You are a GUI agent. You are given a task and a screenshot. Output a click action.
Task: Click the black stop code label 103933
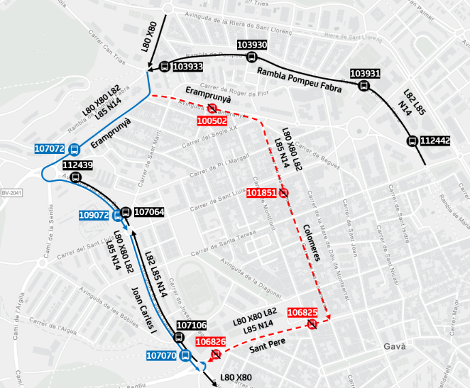(x=188, y=67)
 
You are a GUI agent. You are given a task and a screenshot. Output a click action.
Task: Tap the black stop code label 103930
(x=252, y=45)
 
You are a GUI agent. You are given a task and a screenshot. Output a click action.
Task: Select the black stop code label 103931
(x=364, y=74)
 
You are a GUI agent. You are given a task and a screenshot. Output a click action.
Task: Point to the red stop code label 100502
(x=211, y=120)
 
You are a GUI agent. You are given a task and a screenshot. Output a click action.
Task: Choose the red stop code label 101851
(x=261, y=193)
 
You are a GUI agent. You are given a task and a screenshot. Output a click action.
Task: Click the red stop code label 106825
(x=302, y=312)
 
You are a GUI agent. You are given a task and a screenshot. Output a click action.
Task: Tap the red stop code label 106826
(x=210, y=342)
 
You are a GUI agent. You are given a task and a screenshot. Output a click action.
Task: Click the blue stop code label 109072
(x=94, y=216)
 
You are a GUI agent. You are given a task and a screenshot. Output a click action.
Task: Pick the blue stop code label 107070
(x=161, y=355)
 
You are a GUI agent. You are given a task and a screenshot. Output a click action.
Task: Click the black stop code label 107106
(x=191, y=325)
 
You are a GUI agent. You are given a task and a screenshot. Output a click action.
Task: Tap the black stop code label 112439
(x=77, y=165)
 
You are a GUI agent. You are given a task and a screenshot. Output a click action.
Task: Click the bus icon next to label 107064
(x=126, y=212)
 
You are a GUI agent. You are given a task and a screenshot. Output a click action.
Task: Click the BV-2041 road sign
(x=12, y=193)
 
